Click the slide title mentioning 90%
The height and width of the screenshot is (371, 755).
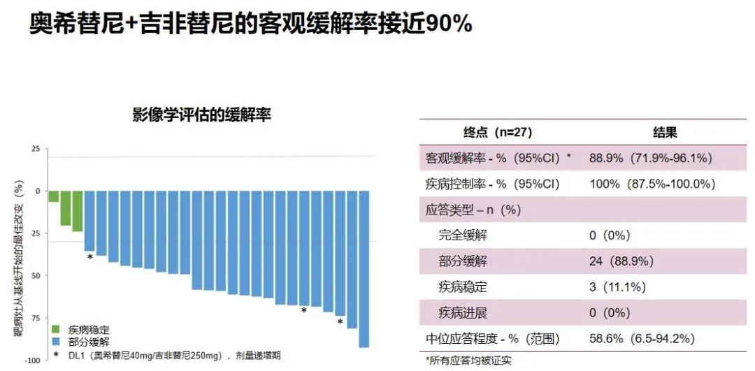251,24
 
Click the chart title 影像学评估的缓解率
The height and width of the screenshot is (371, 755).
201,115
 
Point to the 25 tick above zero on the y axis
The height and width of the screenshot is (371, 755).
35,149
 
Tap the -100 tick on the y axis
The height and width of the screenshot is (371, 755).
32,360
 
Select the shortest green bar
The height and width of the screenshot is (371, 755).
53,196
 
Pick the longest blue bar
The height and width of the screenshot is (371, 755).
364,268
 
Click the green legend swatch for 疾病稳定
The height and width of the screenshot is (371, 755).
59,329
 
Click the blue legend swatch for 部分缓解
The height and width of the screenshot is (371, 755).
59,342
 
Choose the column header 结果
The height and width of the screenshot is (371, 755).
665,133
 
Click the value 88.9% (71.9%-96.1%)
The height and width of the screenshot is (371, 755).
651,159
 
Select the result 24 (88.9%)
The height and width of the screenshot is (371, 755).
621,261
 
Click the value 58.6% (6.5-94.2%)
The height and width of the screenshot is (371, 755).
641,339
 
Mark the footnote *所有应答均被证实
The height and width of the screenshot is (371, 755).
467,361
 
